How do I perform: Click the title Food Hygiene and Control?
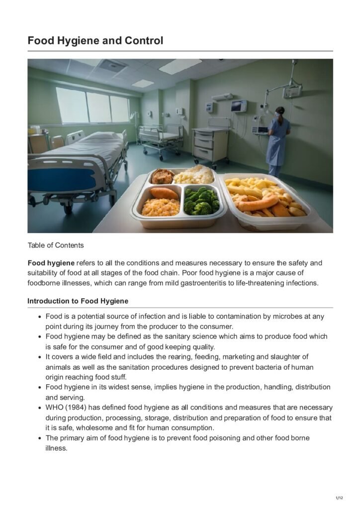(95, 41)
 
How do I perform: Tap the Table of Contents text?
(56, 245)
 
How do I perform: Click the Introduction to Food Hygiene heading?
(78, 301)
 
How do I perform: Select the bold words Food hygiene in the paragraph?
(51, 262)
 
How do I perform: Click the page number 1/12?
(340, 498)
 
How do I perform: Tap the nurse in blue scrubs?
(278, 139)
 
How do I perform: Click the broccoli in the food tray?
(201, 200)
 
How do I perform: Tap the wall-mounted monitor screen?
(239, 106)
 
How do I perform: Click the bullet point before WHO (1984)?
(39, 408)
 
